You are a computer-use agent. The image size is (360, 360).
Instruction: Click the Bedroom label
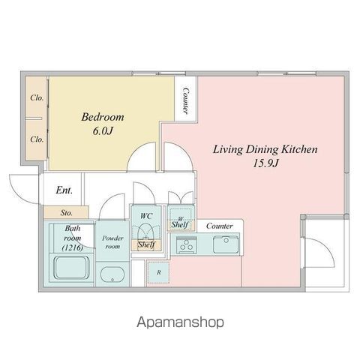[x=102, y=118]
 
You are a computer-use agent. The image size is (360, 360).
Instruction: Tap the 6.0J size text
[x=102, y=133]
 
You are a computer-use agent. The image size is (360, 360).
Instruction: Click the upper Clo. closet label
[x=36, y=98]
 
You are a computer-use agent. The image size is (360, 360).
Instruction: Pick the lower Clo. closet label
[x=36, y=139]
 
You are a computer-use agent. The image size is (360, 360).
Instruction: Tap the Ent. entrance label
[x=64, y=190]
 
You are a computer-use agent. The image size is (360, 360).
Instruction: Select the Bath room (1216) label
[x=73, y=237]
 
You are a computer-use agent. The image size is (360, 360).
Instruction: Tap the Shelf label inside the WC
[x=146, y=244]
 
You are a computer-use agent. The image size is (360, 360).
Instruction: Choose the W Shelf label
[x=178, y=222]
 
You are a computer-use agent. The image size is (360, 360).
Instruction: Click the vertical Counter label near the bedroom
[x=184, y=101]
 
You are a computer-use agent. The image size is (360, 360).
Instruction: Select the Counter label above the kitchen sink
[x=219, y=225]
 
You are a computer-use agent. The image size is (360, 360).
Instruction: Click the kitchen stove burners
[x=187, y=244]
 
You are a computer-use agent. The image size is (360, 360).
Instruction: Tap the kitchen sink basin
[x=224, y=244]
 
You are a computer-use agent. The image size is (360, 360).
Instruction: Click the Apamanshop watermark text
[x=180, y=322]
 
